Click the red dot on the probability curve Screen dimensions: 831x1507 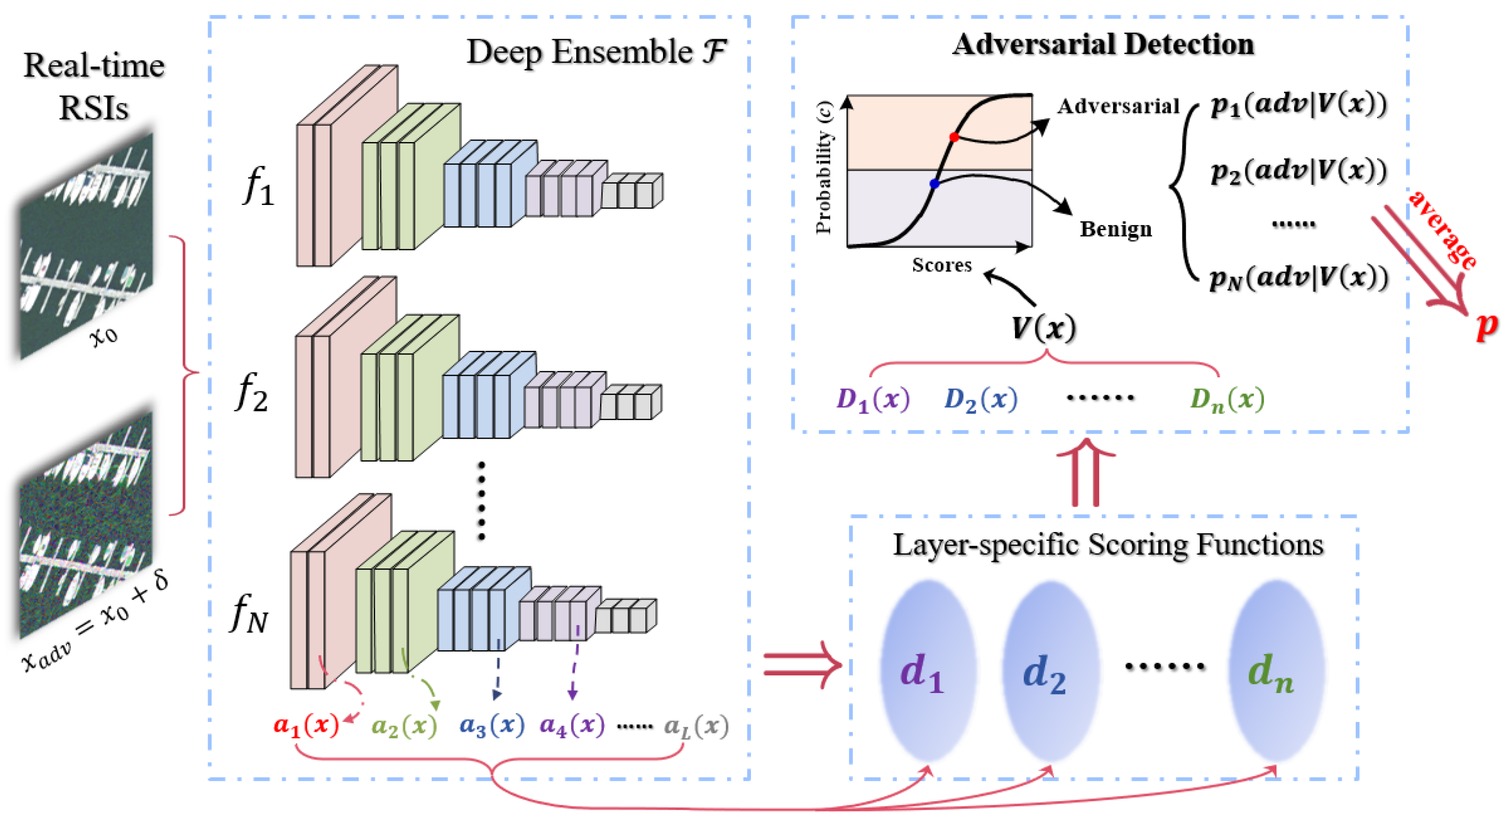pos(953,137)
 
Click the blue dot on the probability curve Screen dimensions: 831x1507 pos(934,184)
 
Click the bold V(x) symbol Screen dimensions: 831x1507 pos(1044,328)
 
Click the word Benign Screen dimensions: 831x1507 pos(1115,229)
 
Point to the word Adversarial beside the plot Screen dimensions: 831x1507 pos(1118,107)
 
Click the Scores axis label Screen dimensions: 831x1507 pos(941,265)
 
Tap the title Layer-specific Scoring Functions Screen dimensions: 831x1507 pos(1108,545)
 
